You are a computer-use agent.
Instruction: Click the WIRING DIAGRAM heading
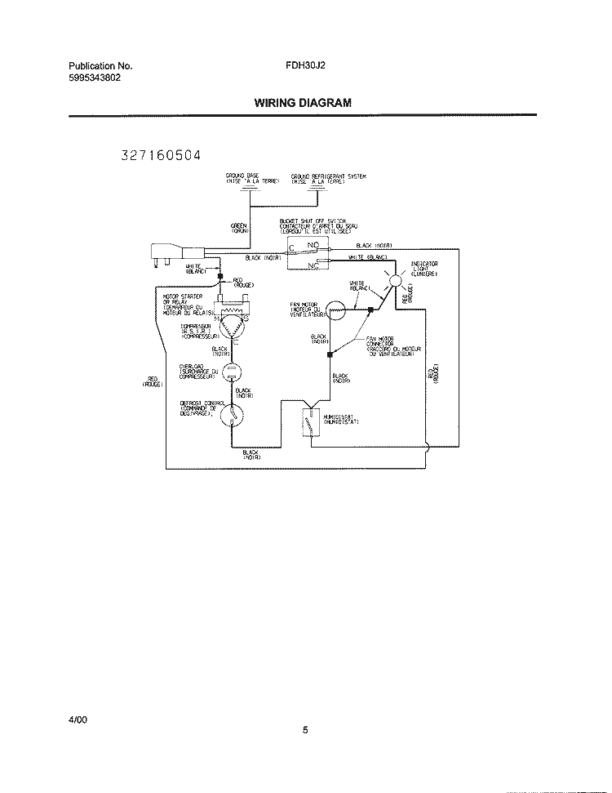coord(303,104)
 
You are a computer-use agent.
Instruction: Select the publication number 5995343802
coord(95,78)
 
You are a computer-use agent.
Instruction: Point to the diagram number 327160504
coord(160,155)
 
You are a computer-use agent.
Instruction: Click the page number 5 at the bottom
coord(305,731)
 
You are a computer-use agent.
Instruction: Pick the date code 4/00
coord(78,719)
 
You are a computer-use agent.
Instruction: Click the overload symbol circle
coord(231,372)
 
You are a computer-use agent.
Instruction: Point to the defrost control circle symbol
coord(233,414)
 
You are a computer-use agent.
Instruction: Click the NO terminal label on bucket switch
coord(313,244)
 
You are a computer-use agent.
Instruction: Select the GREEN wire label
coord(240,228)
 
